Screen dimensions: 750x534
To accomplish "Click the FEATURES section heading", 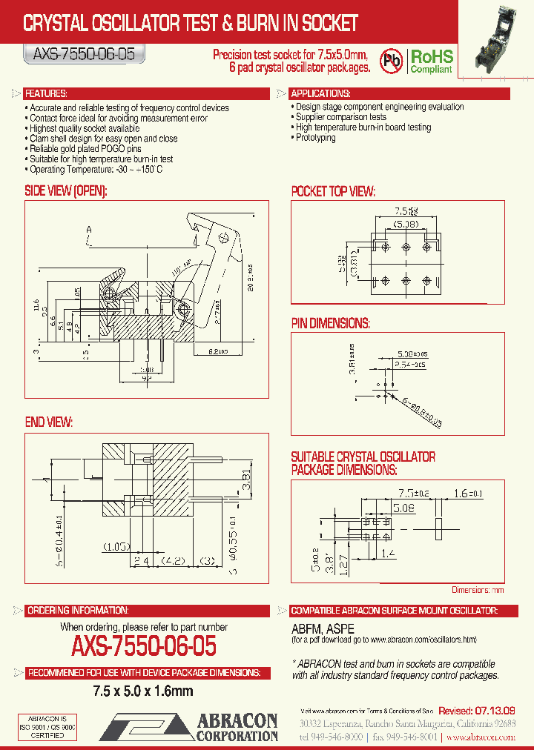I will point(46,94).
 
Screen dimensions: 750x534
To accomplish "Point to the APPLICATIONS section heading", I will point(320,94).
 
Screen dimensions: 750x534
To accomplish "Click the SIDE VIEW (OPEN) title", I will point(66,191).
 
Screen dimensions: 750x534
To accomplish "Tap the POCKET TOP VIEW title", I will point(332,191).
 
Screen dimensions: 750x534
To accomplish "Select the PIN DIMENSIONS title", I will point(330,323).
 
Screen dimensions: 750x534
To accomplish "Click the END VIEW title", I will point(49,422).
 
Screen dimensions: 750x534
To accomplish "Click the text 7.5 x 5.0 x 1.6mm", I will point(143,691).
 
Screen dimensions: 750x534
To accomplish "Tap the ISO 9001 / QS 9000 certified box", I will point(47,727).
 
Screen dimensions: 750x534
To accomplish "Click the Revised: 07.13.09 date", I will point(476,711).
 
